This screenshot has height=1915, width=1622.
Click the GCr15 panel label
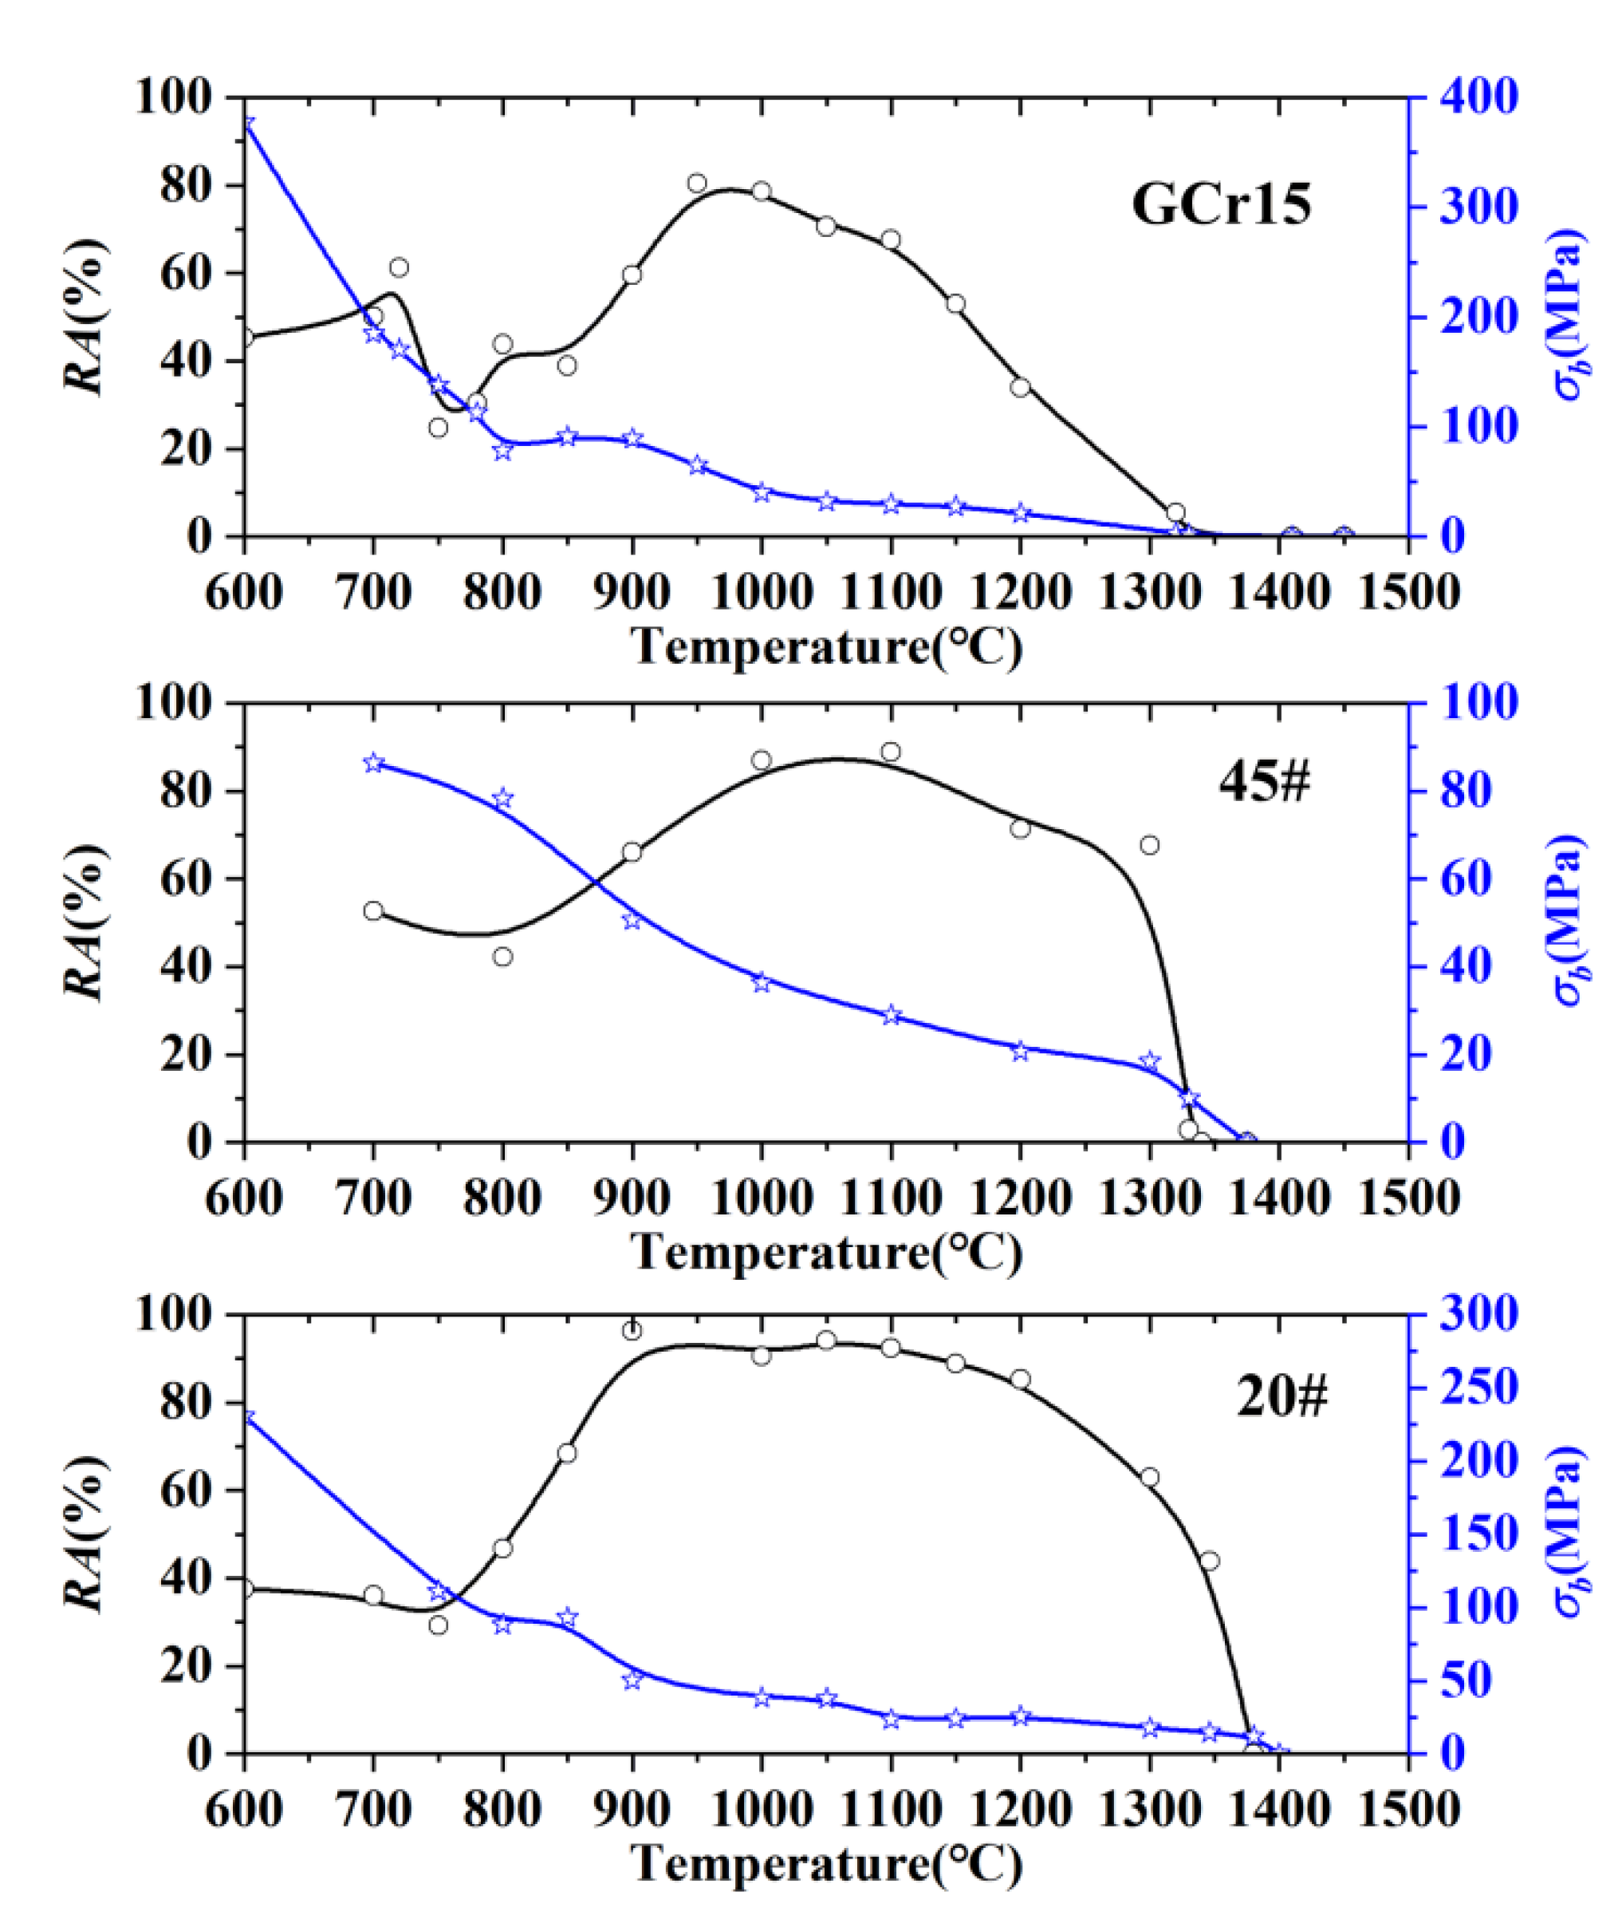[x=1221, y=204]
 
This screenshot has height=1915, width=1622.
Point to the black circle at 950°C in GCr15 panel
[x=697, y=183]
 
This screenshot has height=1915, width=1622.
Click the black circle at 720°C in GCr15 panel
[x=399, y=267]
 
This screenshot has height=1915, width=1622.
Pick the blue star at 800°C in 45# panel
[x=502, y=799]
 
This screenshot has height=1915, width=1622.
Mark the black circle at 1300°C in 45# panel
[x=1149, y=844]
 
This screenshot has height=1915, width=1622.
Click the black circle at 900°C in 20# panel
[x=632, y=1331]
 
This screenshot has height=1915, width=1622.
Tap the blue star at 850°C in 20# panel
[x=567, y=1618]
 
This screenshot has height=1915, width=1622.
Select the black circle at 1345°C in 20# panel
[x=1210, y=1561]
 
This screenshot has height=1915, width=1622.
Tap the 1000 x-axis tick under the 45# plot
[x=762, y=1198]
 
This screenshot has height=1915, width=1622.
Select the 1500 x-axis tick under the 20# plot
[x=1407, y=1809]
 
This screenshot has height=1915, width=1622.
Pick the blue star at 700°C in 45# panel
[x=373, y=763]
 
